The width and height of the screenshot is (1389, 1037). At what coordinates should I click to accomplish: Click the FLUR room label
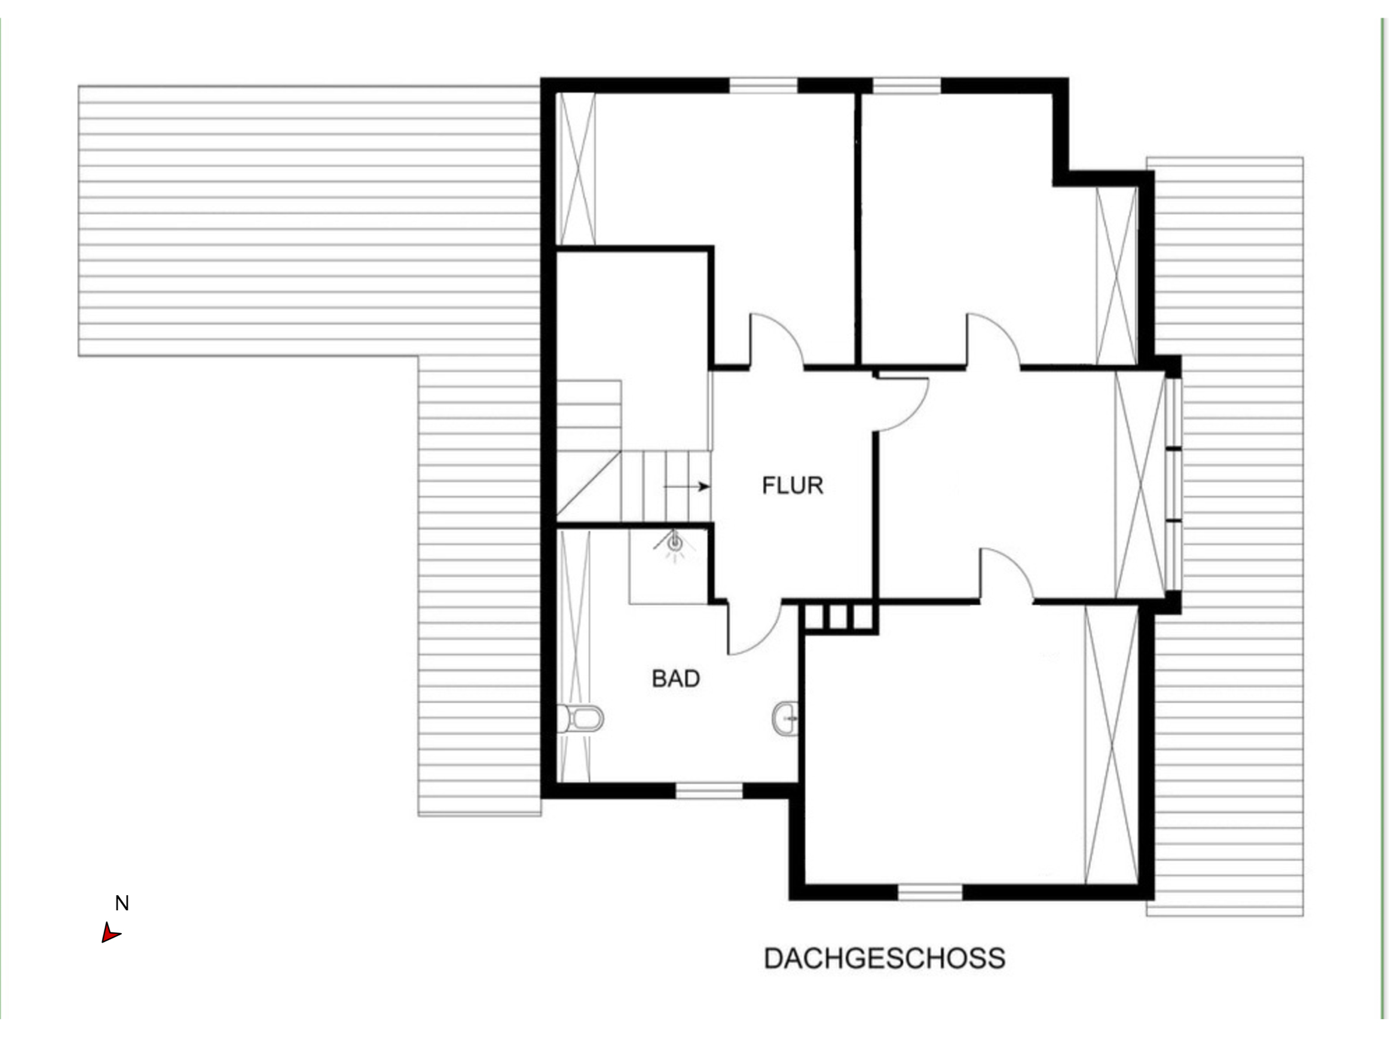pos(793,485)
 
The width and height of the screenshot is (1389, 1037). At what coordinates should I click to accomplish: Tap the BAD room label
pos(676,679)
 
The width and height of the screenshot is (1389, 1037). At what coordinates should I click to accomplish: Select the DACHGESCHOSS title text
pos(885,959)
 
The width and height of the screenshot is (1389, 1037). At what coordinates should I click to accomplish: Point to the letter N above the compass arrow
pos(122,903)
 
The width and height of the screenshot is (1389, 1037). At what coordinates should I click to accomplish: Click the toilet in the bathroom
pos(580,718)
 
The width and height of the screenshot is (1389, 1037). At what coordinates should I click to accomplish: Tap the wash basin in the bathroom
pos(785,718)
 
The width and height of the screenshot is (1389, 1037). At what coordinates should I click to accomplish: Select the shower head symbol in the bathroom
pos(675,544)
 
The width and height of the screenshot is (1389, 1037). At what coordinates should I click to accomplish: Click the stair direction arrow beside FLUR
pos(686,486)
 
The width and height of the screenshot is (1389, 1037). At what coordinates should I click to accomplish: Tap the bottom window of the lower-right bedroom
pos(930,892)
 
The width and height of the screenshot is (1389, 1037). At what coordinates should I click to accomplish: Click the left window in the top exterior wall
pos(763,86)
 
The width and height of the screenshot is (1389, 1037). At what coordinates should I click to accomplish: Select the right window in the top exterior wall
pos(907,86)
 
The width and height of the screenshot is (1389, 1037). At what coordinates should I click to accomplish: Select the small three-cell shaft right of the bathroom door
pos(838,618)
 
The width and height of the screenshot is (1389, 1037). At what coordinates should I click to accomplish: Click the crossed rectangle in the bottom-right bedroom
pos(1111,745)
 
